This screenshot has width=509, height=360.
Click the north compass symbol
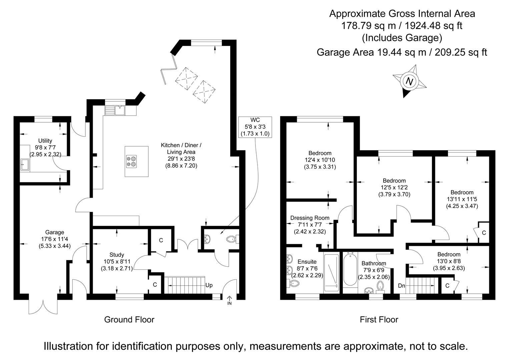click(x=410, y=81)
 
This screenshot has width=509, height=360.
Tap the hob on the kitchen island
click(x=131, y=161)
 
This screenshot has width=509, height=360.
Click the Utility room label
click(x=45, y=141)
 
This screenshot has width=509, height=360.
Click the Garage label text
click(x=55, y=232)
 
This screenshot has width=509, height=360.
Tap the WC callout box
click(x=255, y=127)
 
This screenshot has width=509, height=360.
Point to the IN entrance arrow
click(x=229, y=300)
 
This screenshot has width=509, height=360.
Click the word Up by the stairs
click(x=209, y=285)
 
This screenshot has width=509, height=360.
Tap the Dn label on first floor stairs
click(x=402, y=286)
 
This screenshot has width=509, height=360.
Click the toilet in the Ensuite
click(x=294, y=283)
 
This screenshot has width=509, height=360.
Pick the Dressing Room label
click(x=310, y=218)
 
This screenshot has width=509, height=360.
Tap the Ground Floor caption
click(x=129, y=320)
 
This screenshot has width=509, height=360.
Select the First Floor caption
click(x=379, y=320)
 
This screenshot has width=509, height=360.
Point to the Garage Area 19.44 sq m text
click(x=402, y=52)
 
